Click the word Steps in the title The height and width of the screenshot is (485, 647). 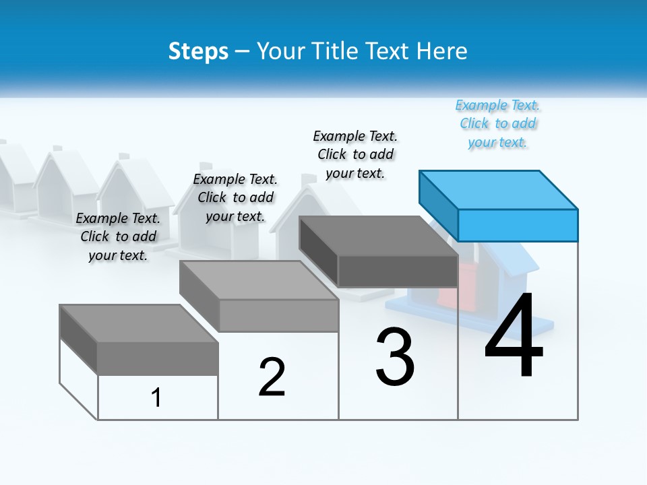198,51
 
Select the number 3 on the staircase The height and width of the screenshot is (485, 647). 395,357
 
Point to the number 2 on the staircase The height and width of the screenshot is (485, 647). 272,377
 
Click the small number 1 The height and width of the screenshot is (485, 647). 156,397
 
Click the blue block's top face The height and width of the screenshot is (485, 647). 499,189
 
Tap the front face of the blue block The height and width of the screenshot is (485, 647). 518,225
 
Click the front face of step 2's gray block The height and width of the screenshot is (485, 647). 279,315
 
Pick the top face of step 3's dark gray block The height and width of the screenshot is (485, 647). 377,236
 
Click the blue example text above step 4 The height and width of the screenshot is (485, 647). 498,124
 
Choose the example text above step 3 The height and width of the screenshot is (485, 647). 355,154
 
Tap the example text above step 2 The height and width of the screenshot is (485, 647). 235,197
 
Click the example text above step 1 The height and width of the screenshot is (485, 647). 118,236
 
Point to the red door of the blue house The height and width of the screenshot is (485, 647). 449,286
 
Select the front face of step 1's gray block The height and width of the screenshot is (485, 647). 158,358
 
